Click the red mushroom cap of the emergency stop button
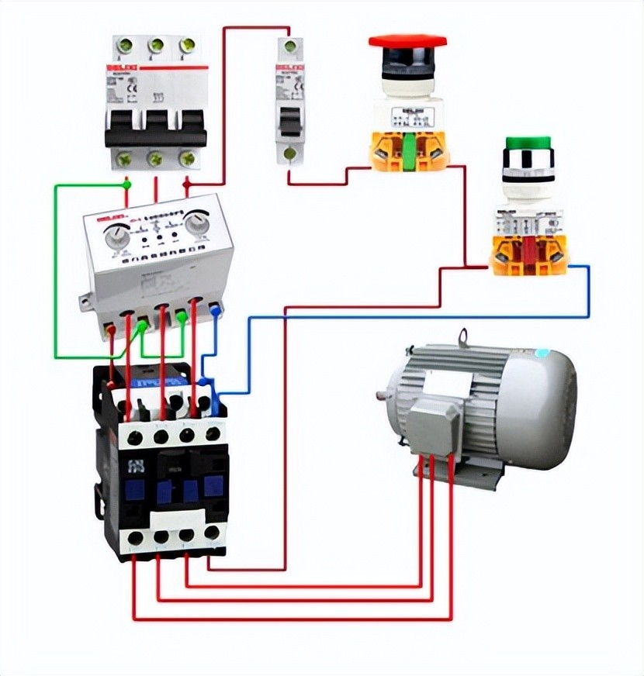pyautogui.click(x=407, y=41)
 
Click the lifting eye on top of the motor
pyautogui.click(x=463, y=337)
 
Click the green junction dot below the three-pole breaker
pyautogui.click(x=127, y=185)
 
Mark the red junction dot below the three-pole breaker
pyautogui.click(x=187, y=185)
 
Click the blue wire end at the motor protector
pyautogui.click(x=215, y=311)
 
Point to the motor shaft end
pyautogui.click(x=381, y=396)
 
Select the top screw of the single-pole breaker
pyautogui.click(x=290, y=47)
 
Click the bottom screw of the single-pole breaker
pyautogui.click(x=289, y=153)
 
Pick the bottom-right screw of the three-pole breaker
pyautogui.click(x=187, y=159)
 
